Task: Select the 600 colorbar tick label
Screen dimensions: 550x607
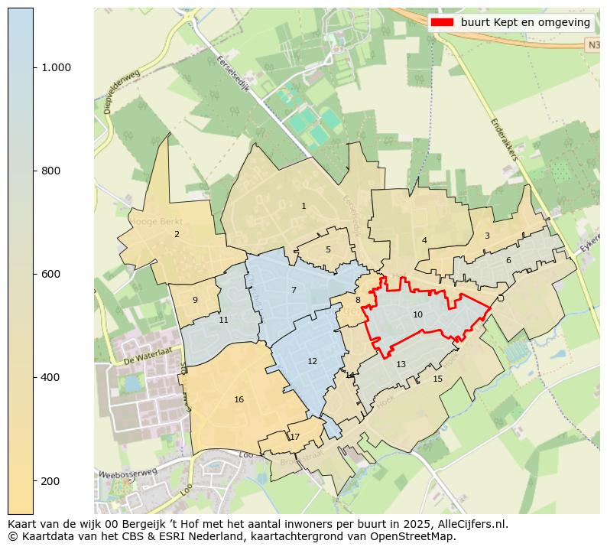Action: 51,274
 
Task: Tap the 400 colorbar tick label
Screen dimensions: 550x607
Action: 51,377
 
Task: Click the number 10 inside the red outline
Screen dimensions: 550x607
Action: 417,314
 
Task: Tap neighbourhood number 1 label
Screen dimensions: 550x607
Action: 303,206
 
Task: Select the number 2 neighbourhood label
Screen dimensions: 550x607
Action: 177,234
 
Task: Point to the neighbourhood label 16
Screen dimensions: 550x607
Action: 239,399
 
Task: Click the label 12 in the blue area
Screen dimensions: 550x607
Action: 312,361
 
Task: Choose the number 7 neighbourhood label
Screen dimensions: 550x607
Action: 294,290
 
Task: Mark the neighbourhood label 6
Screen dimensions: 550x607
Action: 508,260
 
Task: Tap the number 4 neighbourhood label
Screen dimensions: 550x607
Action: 424,240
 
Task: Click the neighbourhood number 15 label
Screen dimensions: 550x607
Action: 437,379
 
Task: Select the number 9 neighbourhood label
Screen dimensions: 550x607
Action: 195,300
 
